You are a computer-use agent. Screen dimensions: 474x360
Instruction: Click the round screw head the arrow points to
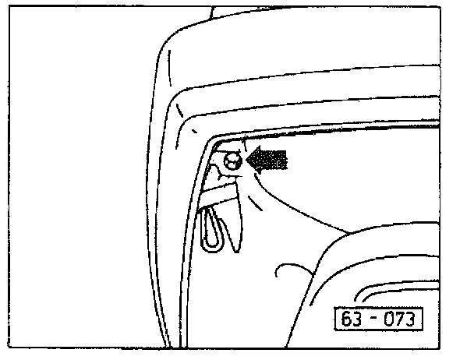pyautogui.click(x=232, y=162)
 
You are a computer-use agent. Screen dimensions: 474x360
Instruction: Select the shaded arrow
pyautogui.click(x=267, y=160)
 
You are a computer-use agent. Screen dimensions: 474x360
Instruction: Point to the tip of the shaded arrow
pyautogui.click(x=247, y=161)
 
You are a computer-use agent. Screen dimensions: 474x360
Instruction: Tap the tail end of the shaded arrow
pyautogui.click(x=286, y=160)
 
